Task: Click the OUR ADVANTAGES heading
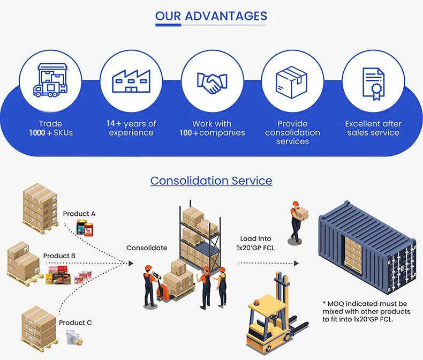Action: pos(211,17)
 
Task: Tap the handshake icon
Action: pos(211,82)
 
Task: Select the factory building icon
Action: pos(131,82)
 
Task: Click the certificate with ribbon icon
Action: pos(373,83)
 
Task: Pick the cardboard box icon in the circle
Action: pos(292,82)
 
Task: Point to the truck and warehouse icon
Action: pos(50,82)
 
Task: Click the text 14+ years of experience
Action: pos(131,128)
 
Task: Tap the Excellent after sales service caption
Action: pos(373,128)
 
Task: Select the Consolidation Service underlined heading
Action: pos(211,181)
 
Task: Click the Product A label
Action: pos(79,214)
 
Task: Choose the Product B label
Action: pos(59,256)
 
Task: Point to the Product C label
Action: pos(75,322)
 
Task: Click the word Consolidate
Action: pos(147,247)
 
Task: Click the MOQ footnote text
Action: pos(366,311)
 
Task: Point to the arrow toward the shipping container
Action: pos(267,263)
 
